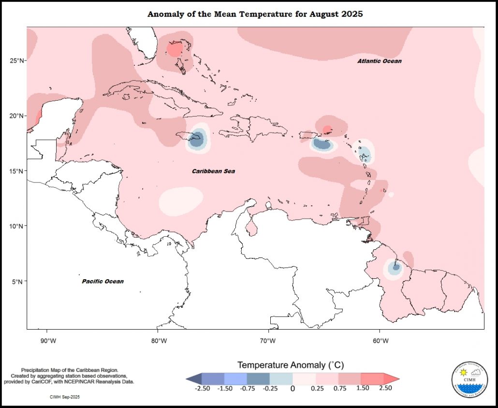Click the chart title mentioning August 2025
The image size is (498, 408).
(x=255, y=14)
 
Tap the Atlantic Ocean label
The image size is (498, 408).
(x=380, y=61)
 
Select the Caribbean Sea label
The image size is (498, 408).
(x=213, y=171)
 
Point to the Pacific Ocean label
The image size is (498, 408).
(x=103, y=281)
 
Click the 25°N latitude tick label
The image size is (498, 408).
(x=17, y=60)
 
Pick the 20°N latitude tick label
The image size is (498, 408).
(x=17, y=116)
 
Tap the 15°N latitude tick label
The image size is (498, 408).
(x=17, y=171)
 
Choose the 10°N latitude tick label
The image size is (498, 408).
(x=17, y=226)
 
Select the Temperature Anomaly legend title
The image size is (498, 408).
(x=290, y=364)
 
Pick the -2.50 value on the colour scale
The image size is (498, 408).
(x=202, y=388)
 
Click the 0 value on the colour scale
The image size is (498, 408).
(x=293, y=388)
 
